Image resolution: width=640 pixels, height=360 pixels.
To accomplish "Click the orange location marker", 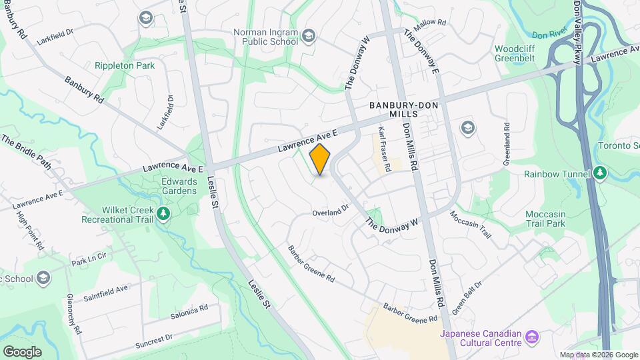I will coord(320,160).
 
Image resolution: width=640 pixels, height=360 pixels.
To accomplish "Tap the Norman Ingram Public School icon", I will coord(308,35).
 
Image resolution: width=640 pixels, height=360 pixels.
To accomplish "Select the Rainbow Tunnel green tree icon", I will coord(601,174).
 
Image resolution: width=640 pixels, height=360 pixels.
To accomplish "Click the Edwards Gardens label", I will coord(179,186).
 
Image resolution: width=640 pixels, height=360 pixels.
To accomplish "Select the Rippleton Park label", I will coord(125,65).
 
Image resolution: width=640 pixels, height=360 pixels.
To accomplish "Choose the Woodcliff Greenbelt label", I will coord(520,53).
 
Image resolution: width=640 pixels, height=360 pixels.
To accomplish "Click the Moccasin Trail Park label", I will coord(545,219).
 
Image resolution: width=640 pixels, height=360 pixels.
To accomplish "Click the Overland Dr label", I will coord(331,211).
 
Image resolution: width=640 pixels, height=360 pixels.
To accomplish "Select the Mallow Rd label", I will coord(429,24).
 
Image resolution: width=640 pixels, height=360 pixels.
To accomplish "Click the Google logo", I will coord(22,351).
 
